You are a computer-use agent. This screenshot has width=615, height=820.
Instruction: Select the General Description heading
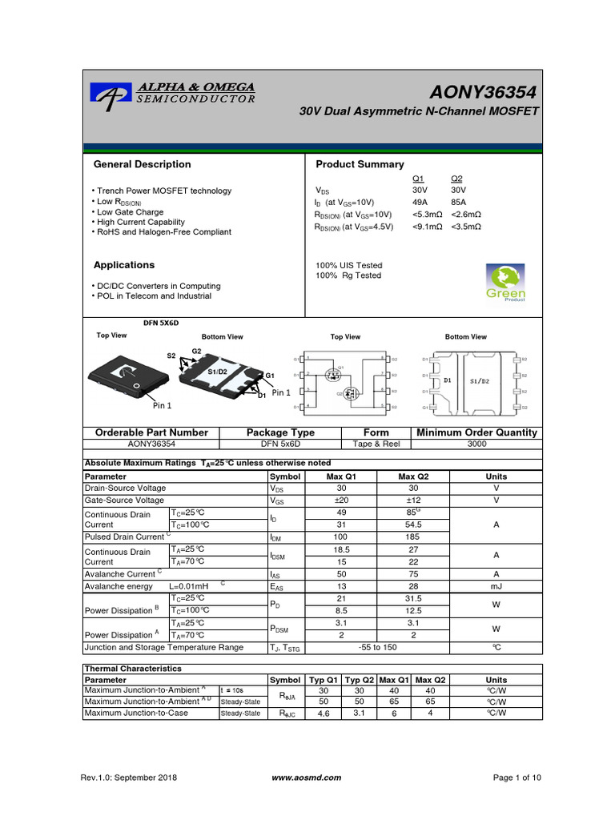143,164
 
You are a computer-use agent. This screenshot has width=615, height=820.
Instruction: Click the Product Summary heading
360,164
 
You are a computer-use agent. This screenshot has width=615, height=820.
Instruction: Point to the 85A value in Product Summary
457,203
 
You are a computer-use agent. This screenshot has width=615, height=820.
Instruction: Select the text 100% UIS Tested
349,265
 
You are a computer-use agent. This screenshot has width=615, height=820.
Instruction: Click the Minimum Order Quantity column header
476,432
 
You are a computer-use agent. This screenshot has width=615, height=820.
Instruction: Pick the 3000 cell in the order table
476,443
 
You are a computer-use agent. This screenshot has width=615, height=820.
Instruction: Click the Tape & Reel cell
376,443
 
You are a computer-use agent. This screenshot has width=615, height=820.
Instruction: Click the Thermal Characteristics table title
133,668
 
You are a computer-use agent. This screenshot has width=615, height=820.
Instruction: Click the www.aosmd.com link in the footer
307,778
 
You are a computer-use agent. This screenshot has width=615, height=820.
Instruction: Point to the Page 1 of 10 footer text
517,778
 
